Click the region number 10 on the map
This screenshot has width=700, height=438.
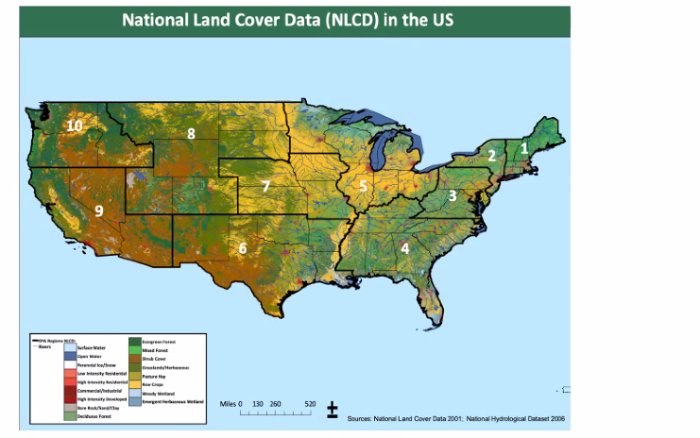(73, 126)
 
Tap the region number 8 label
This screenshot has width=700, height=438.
(191, 134)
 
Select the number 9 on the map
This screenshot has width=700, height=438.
(98, 211)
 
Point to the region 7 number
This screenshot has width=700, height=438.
(266, 186)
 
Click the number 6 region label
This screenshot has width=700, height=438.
(243, 248)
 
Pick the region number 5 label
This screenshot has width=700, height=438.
(363, 186)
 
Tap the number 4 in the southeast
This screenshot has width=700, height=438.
(404, 248)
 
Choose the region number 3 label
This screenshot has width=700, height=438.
(452, 196)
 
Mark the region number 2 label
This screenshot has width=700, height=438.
(491, 155)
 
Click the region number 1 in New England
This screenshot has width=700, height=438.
(525, 147)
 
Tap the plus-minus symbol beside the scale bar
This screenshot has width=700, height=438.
(333, 409)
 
